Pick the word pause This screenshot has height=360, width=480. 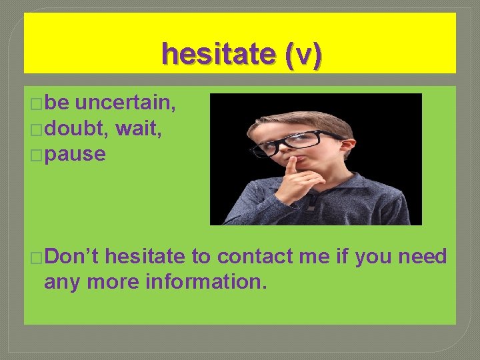pos(77,154)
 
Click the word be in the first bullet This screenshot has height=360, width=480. pos(58,103)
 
